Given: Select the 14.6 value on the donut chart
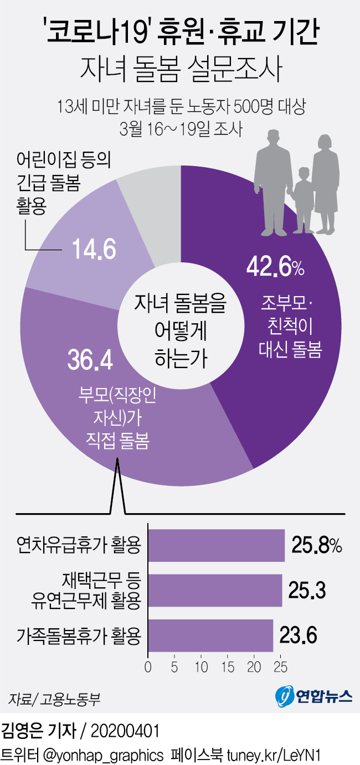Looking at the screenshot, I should pyautogui.click(x=94, y=249).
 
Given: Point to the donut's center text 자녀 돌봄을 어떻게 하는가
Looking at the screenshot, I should pyautogui.click(x=181, y=330).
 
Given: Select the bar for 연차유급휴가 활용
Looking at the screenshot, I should pyautogui.click(x=216, y=545).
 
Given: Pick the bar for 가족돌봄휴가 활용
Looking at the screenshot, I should pyautogui.click(x=210, y=635).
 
